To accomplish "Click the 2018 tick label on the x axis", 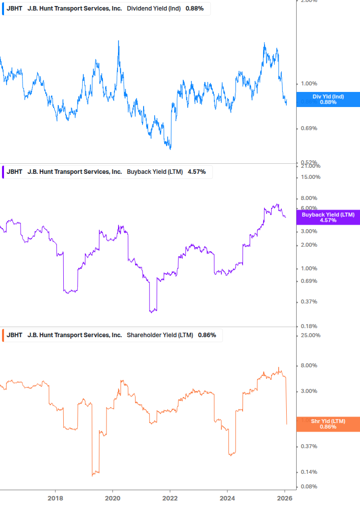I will click(x=55, y=498).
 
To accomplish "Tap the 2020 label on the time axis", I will click(x=112, y=498).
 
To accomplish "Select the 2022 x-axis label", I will click(x=170, y=498).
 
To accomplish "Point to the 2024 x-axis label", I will click(x=227, y=498).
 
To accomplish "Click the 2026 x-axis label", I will click(x=285, y=498).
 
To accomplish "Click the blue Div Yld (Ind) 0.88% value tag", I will click(x=328, y=99).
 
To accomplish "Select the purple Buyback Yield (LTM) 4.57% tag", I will click(x=328, y=217).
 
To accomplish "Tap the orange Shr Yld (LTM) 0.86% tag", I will click(x=328, y=424).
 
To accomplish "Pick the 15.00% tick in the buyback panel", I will click(x=310, y=177).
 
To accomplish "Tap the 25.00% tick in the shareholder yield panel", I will click(x=310, y=336).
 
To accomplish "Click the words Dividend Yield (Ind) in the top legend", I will click(x=154, y=9).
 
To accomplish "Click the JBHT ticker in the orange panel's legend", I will click(x=15, y=335).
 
